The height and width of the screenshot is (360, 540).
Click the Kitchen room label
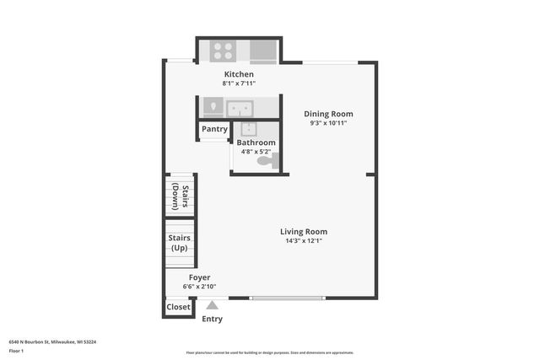click(238, 74)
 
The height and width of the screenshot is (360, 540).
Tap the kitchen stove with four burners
click(223, 51)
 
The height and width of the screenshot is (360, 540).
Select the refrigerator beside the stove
click(264, 51)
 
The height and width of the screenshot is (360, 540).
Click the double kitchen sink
click(239, 108)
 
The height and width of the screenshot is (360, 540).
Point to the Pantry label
click(214, 129)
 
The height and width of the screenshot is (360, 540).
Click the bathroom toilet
click(267, 161)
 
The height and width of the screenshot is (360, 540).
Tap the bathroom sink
click(249, 130)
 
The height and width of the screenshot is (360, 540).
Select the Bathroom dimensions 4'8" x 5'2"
click(256, 152)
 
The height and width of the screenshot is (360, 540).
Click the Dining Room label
click(328, 114)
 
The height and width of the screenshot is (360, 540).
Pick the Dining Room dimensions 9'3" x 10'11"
click(328, 123)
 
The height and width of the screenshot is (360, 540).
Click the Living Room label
click(304, 232)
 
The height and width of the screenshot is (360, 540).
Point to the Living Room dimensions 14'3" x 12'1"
click(304, 241)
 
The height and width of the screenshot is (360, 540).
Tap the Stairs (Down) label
click(180, 196)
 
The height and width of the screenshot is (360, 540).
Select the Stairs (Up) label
click(180, 243)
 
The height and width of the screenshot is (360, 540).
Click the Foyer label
click(199, 277)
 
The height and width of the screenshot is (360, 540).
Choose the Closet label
click(178, 308)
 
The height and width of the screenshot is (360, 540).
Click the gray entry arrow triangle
click(213, 306)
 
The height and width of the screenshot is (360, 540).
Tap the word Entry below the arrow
click(213, 319)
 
